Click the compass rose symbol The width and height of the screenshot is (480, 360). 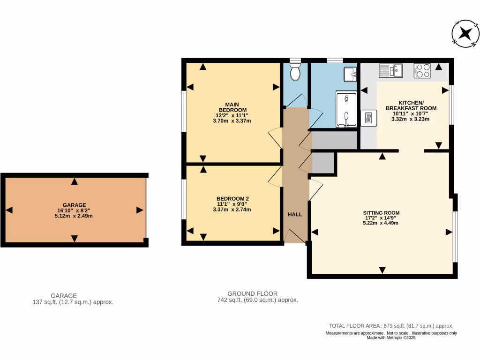click(x=465, y=33)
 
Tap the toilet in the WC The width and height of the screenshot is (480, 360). click(x=295, y=72)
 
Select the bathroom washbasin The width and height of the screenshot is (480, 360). click(x=349, y=74)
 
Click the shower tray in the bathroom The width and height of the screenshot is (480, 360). click(x=346, y=109)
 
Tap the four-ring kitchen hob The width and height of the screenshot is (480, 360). click(x=422, y=71)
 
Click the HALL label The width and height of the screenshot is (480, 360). click(x=295, y=214)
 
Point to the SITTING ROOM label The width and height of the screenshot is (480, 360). click(x=382, y=212)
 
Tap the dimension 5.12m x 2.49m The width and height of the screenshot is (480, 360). click(x=74, y=216)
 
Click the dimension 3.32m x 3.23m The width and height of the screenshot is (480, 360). click(x=410, y=119)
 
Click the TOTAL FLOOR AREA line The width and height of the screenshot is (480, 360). click(x=390, y=326)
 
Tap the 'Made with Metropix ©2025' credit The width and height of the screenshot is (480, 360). click(x=390, y=337)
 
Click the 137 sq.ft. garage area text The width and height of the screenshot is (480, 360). click(x=70, y=302)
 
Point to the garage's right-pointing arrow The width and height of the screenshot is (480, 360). click(x=139, y=210)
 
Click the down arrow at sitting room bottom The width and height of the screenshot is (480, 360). click(x=382, y=270)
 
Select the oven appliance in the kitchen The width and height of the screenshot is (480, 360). click(x=368, y=117)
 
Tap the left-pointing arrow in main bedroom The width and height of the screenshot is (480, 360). click(x=190, y=87)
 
